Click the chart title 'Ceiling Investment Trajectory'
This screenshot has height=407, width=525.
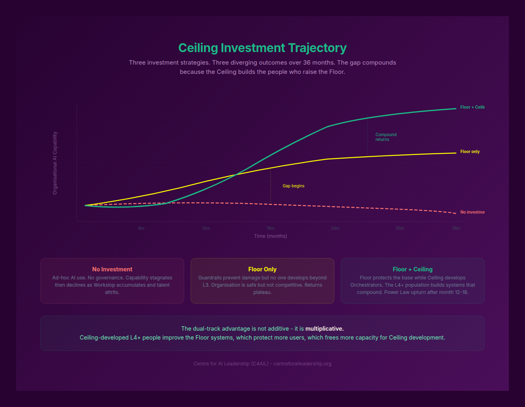point(262,48)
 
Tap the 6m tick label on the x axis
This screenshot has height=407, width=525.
point(141,229)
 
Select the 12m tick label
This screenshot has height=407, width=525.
point(206,229)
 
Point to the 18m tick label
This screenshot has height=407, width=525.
point(271,229)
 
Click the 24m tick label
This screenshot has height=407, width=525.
point(335,229)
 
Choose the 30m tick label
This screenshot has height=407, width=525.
point(400,229)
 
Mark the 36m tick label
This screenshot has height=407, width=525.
point(456,229)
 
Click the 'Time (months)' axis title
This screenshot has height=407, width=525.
point(271,236)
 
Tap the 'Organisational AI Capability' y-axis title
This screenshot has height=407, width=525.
point(55,163)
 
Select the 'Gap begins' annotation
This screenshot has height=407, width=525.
point(294,186)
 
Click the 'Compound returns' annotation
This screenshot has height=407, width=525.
point(386,137)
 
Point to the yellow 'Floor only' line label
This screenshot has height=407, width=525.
point(470,152)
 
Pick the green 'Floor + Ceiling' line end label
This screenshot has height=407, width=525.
point(472,107)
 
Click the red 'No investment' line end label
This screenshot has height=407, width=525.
point(472,212)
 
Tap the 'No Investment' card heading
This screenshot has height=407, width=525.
point(112,269)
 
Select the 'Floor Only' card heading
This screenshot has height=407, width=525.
point(262,269)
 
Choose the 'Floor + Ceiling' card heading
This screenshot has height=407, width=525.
point(412,269)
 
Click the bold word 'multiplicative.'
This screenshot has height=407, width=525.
point(325,329)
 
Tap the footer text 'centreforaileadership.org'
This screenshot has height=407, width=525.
point(302,364)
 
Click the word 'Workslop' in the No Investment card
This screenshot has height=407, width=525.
point(104,285)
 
